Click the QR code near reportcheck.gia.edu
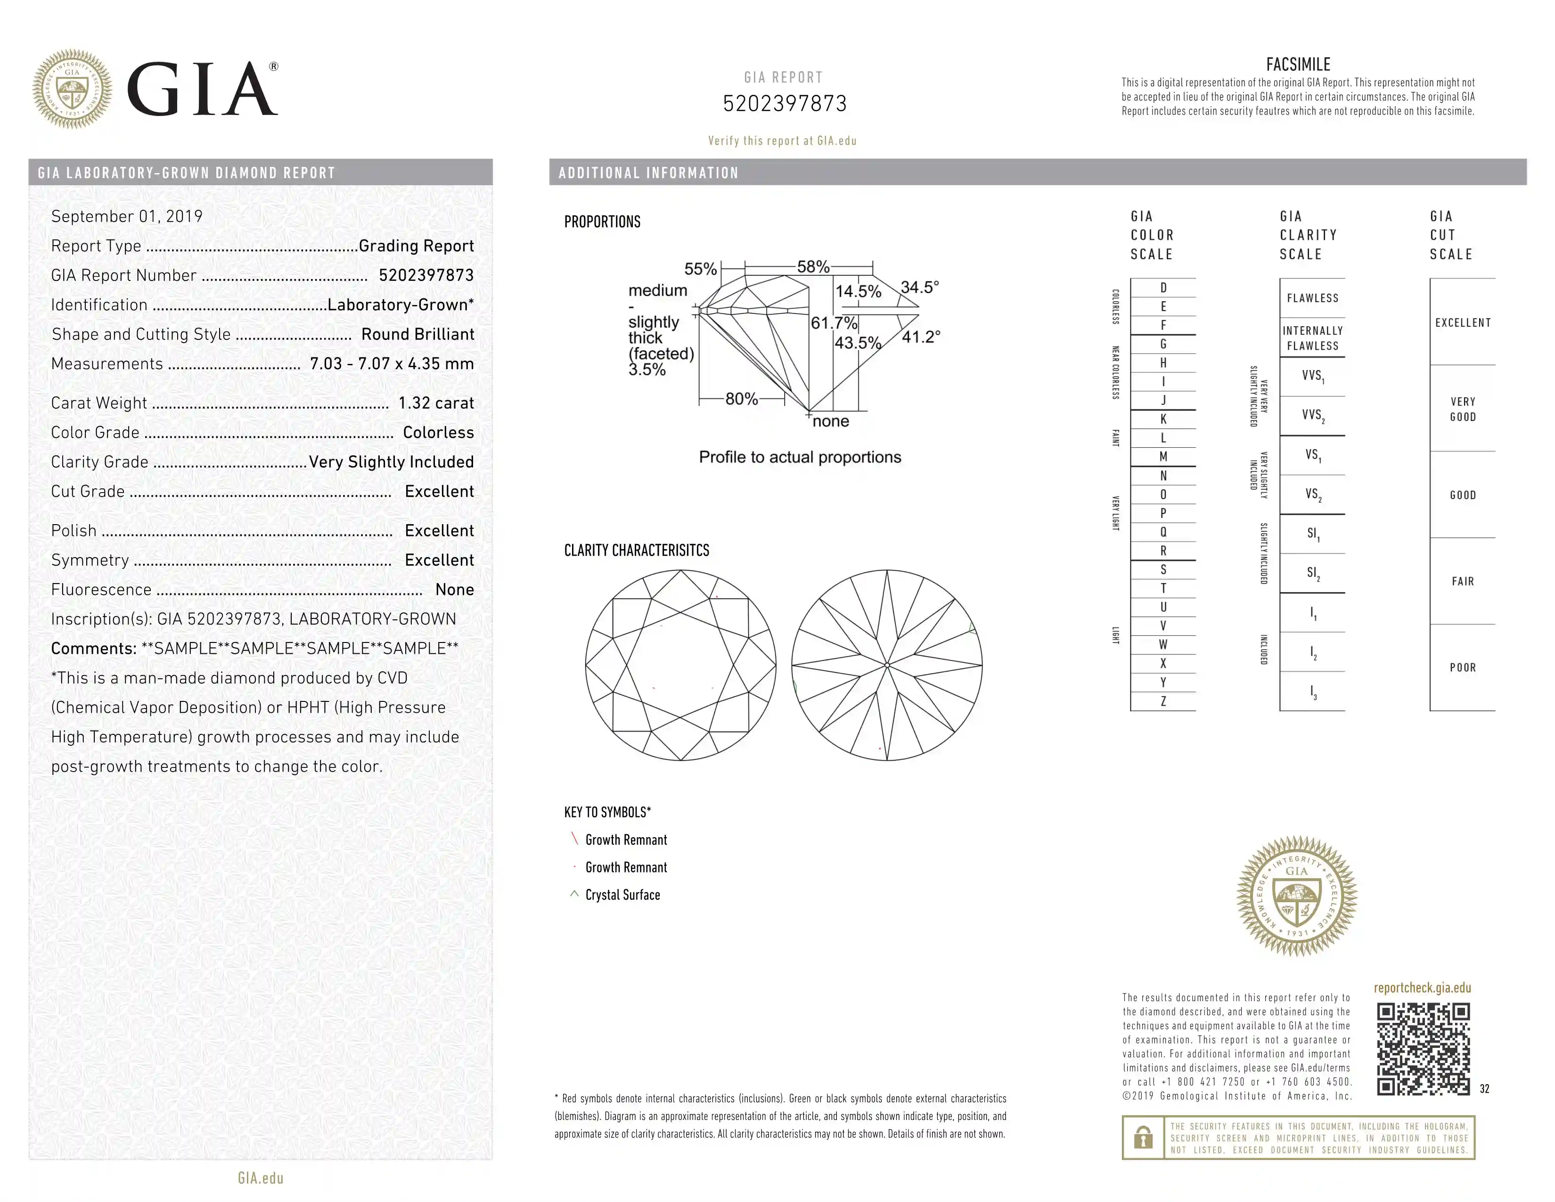pyautogui.click(x=1423, y=1048)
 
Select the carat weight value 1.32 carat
pyautogui.click(x=436, y=403)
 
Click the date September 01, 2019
pyautogui.click(x=127, y=216)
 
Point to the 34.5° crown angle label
pyautogui.click(x=919, y=288)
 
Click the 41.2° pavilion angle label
pyautogui.click(x=921, y=337)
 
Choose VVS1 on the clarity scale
pyautogui.click(x=1313, y=376)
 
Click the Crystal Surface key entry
pyautogui.click(x=622, y=895)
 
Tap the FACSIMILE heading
pyautogui.click(x=1297, y=65)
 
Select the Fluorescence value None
pyautogui.click(x=454, y=590)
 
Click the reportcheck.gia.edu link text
pyautogui.click(x=1422, y=988)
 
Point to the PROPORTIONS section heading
pyautogui.click(x=602, y=222)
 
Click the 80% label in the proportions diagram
pyautogui.click(x=741, y=399)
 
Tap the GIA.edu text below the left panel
pyautogui.click(x=261, y=1178)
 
